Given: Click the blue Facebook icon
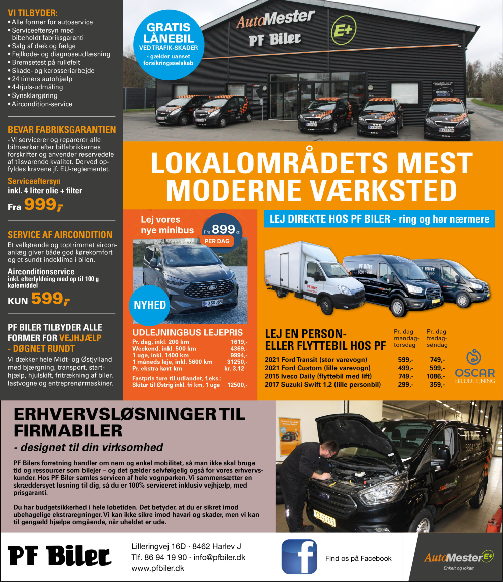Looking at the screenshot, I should click(x=299, y=556).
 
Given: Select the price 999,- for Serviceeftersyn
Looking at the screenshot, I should click(x=43, y=204).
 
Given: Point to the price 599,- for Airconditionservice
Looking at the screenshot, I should click(x=50, y=299).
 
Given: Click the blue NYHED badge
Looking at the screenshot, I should click(x=149, y=305).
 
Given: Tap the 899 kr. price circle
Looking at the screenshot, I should click(x=222, y=230).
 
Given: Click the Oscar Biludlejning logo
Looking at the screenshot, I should click(x=475, y=367).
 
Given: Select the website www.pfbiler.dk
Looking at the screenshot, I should click(x=157, y=568).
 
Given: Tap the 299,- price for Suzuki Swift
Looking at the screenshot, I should click(x=405, y=385).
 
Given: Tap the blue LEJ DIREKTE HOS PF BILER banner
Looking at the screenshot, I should click(x=379, y=219).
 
